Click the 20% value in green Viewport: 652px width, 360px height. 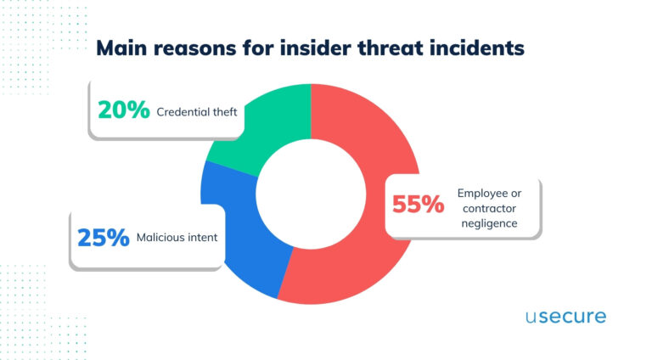(x=123, y=110)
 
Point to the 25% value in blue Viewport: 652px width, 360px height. (x=103, y=237)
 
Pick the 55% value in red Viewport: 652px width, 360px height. (x=417, y=205)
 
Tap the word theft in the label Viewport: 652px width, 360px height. (x=224, y=110)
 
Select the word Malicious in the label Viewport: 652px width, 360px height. (x=162, y=238)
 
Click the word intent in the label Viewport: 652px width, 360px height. (x=204, y=238)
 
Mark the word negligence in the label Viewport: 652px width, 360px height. (x=487, y=225)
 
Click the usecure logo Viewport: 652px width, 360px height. (x=565, y=318)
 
